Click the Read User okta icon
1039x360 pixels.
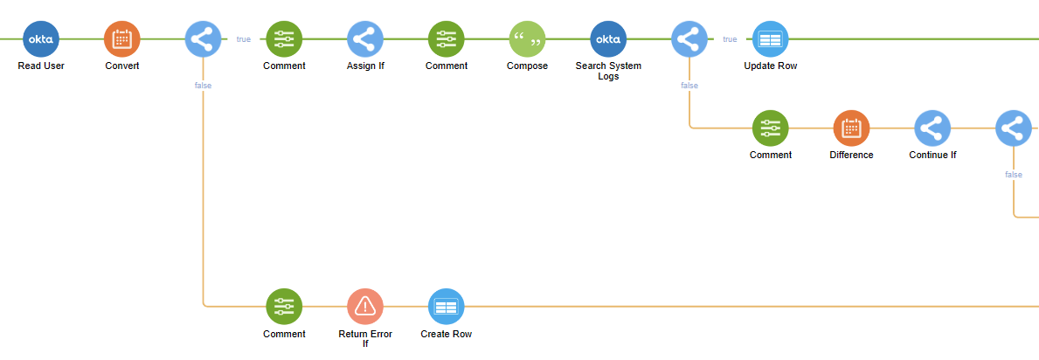click(41, 39)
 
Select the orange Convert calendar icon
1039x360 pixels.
click(121, 39)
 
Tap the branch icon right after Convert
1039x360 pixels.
click(203, 39)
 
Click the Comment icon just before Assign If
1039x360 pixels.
click(284, 39)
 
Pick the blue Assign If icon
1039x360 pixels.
click(365, 39)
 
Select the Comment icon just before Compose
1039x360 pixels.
click(446, 39)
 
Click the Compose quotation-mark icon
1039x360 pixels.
click(527, 39)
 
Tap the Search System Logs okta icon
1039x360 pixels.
click(608, 39)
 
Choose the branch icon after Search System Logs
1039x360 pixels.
click(689, 39)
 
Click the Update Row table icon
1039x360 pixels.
click(770, 39)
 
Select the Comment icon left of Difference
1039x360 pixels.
click(770, 128)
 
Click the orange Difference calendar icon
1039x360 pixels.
click(851, 128)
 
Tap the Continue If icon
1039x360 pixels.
click(932, 128)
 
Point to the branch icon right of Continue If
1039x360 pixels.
click(1013, 128)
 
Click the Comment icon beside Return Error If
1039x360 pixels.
click(284, 307)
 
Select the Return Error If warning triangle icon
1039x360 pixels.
click(365, 307)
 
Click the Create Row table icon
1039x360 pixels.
click(446, 307)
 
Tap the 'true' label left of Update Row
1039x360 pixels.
click(730, 39)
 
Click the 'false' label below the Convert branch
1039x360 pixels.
click(203, 86)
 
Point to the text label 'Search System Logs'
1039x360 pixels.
click(608, 71)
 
